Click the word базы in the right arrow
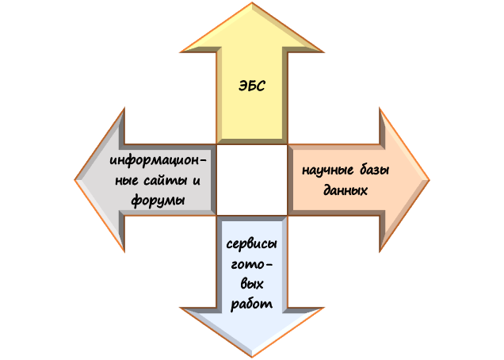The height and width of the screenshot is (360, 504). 372,171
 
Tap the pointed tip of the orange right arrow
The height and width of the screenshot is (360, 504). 427,180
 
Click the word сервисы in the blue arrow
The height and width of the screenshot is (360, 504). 251,244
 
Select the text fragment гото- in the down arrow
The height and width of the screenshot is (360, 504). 251,264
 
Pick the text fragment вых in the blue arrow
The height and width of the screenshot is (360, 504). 251,283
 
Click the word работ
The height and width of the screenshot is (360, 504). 251,303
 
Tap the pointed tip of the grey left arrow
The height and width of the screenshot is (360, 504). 77,180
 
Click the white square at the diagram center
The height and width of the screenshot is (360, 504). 251,180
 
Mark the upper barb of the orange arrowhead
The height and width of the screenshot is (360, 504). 381,111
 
